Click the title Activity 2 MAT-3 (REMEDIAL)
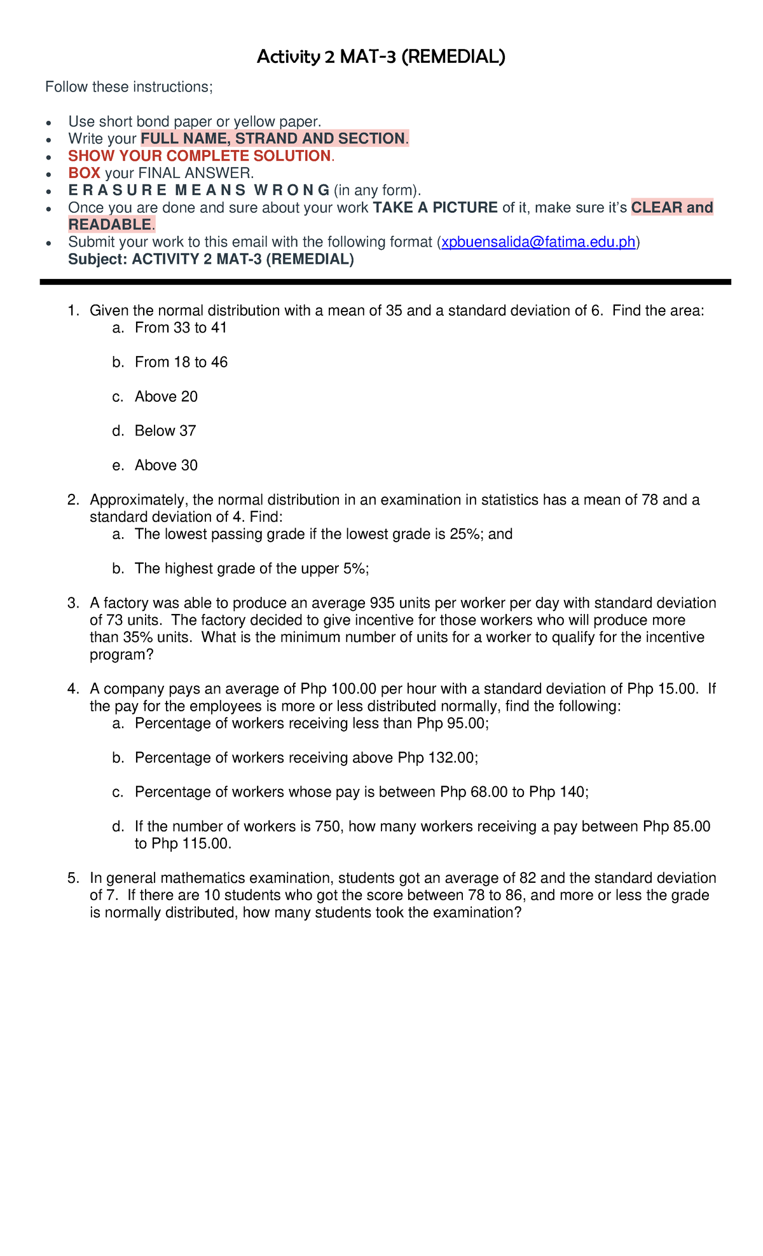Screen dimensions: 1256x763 pyautogui.click(x=381, y=57)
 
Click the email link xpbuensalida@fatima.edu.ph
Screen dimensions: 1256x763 pyautogui.click(x=539, y=242)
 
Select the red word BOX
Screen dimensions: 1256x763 pyautogui.click(x=84, y=173)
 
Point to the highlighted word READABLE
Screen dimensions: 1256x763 pyautogui.click(x=110, y=224)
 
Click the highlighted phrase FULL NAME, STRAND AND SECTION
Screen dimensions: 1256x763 pyautogui.click(x=273, y=139)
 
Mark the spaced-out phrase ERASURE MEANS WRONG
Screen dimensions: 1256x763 pyautogui.click(x=199, y=190)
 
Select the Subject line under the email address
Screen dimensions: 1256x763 pyautogui.click(x=210, y=259)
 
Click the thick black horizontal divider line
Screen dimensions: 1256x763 pyautogui.click(x=385, y=282)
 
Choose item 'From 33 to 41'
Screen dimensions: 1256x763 pyautogui.click(x=181, y=328)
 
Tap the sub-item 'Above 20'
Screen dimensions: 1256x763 pyautogui.click(x=166, y=397)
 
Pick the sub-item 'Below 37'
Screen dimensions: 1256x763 pyautogui.click(x=165, y=431)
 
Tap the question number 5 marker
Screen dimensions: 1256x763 pyautogui.click(x=72, y=878)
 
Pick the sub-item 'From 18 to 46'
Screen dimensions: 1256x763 pyautogui.click(x=181, y=362)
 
